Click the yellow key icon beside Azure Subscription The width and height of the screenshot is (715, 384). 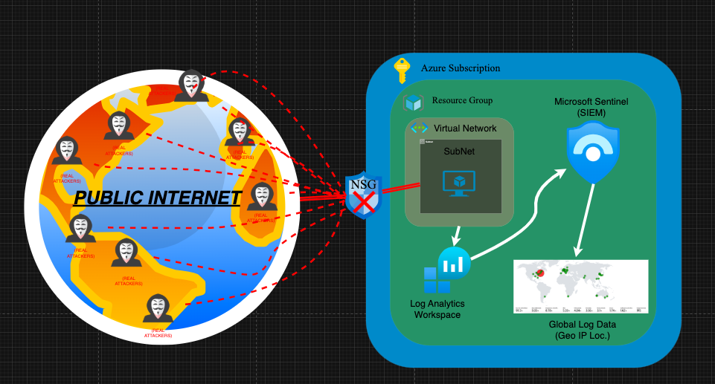(402, 71)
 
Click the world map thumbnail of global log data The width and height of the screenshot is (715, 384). (580, 286)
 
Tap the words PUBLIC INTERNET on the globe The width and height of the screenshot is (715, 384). (158, 198)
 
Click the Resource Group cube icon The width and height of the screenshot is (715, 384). (414, 102)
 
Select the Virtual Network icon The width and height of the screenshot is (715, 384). (419, 128)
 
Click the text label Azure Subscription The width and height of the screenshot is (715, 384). (461, 68)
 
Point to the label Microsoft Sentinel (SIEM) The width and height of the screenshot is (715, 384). (591, 106)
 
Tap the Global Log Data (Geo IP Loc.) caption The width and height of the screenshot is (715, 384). (583, 330)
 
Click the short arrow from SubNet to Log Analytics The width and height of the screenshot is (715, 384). (457, 236)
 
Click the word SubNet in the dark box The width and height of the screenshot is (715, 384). (459, 152)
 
